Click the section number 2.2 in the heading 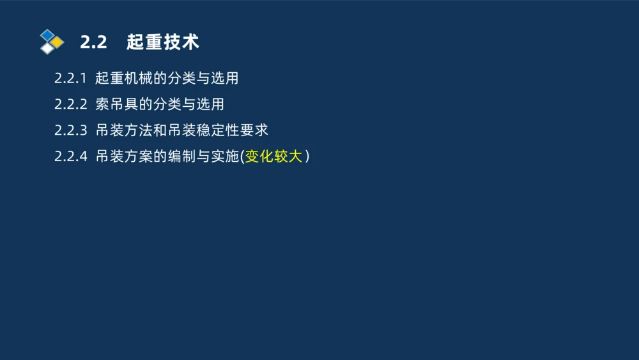[x=93, y=42]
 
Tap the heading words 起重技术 [x=163, y=42]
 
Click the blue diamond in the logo [x=47, y=35]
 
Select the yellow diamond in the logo [x=58, y=42]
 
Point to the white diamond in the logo [x=47, y=48]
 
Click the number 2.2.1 [x=70, y=79]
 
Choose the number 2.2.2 [x=70, y=104]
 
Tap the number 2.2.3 [x=70, y=130]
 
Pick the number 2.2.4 [x=70, y=157]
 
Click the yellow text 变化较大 [x=273, y=157]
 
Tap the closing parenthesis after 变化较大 [x=307, y=157]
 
